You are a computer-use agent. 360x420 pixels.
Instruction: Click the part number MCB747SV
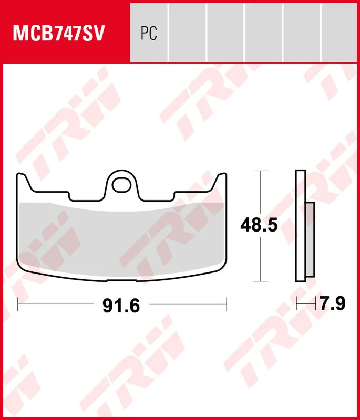(59, 33)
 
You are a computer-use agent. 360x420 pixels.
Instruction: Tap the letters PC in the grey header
(149, 34)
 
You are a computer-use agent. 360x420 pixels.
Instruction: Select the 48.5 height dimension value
(259, 226)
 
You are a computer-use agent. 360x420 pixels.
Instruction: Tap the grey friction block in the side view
(310, 239)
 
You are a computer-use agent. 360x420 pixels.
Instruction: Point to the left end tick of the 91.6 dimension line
(18, 303)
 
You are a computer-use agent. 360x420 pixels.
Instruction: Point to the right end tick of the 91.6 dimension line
(226, 303)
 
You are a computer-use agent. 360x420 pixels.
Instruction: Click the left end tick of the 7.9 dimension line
(296, 303)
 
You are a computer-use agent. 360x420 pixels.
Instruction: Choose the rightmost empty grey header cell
(340, 31)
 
